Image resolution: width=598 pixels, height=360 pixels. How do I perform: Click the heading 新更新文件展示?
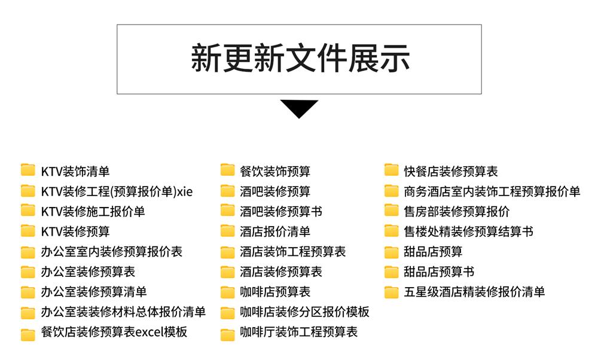[299, 59]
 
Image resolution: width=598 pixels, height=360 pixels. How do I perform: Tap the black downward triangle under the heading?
[299, 108]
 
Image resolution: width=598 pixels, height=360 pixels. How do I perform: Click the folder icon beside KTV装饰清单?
[28, 171]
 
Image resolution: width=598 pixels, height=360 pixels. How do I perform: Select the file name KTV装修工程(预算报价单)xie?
[117, 191]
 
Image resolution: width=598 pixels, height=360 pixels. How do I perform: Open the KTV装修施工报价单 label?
[93, 211]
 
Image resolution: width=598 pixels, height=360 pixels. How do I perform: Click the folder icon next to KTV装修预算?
[28, 231]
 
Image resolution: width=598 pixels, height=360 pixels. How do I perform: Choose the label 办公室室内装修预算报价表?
[111, 251]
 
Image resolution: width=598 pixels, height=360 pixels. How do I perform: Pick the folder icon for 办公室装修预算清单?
[28, 292]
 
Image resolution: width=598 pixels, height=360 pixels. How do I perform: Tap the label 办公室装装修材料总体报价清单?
[123, 312]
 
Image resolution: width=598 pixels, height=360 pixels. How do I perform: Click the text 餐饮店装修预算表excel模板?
[114, 332]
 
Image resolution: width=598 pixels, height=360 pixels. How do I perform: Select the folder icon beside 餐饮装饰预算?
[227, 171]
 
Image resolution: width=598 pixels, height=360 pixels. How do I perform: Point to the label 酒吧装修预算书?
[281, 211]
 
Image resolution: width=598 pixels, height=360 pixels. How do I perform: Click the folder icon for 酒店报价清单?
[227, 231]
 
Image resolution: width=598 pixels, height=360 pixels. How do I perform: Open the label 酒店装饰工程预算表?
[293, 251]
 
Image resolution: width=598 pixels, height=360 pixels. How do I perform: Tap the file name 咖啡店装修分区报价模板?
[304, 312]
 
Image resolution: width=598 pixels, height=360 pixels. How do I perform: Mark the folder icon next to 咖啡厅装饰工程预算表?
[227, 332]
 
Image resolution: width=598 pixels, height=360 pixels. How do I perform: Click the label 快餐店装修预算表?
[450, 171]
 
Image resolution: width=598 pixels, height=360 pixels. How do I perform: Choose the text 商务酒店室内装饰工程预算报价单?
[492, 191]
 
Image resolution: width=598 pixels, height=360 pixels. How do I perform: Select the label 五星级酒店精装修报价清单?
[474, 292]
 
